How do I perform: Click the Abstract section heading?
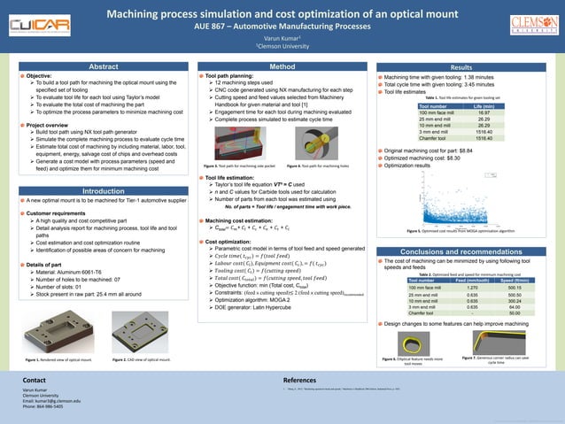104,66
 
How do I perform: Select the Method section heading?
282,66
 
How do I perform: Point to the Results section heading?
461,67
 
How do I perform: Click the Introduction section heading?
104,191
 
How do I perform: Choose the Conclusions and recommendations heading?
461,252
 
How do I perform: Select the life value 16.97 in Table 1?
484,113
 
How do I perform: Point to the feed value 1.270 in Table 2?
472,288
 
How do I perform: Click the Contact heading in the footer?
35,378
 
